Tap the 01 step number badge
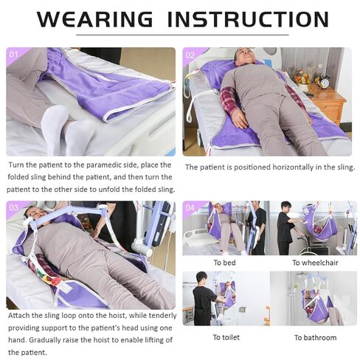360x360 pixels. tap(14, 55)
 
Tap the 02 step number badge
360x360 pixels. tap(190, 55)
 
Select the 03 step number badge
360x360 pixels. tap(14, 208)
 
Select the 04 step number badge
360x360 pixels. tap(190, 208)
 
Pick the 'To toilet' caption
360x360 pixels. tap(226, 337)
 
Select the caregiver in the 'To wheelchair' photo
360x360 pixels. tap(285, 229)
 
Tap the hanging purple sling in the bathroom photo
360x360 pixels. tap(316, 306)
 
